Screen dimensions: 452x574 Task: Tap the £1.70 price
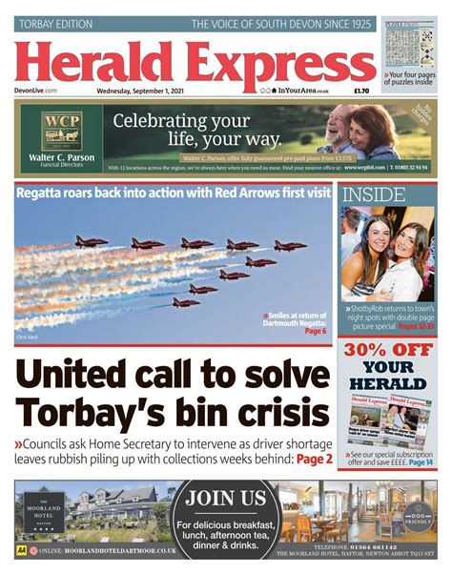tap(360, 91)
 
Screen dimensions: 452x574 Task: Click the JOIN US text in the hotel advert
tap(225, 498)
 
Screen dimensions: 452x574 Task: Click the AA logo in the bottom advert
tap(21, 551)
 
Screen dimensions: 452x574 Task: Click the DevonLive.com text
tap(37, 91)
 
